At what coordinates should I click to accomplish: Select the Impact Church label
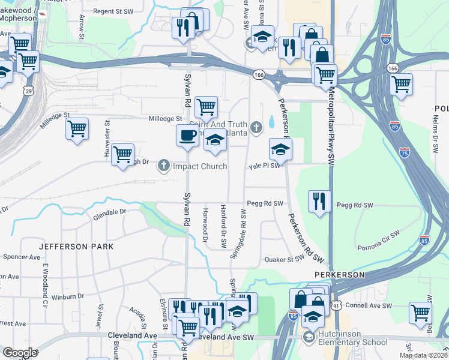coord(200,166)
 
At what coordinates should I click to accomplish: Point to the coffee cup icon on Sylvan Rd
coord(187,136)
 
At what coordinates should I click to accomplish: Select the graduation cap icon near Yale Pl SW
coord(280,149)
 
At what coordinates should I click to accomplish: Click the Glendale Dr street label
coord(110,211)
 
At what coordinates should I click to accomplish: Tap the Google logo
coord(20,353)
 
